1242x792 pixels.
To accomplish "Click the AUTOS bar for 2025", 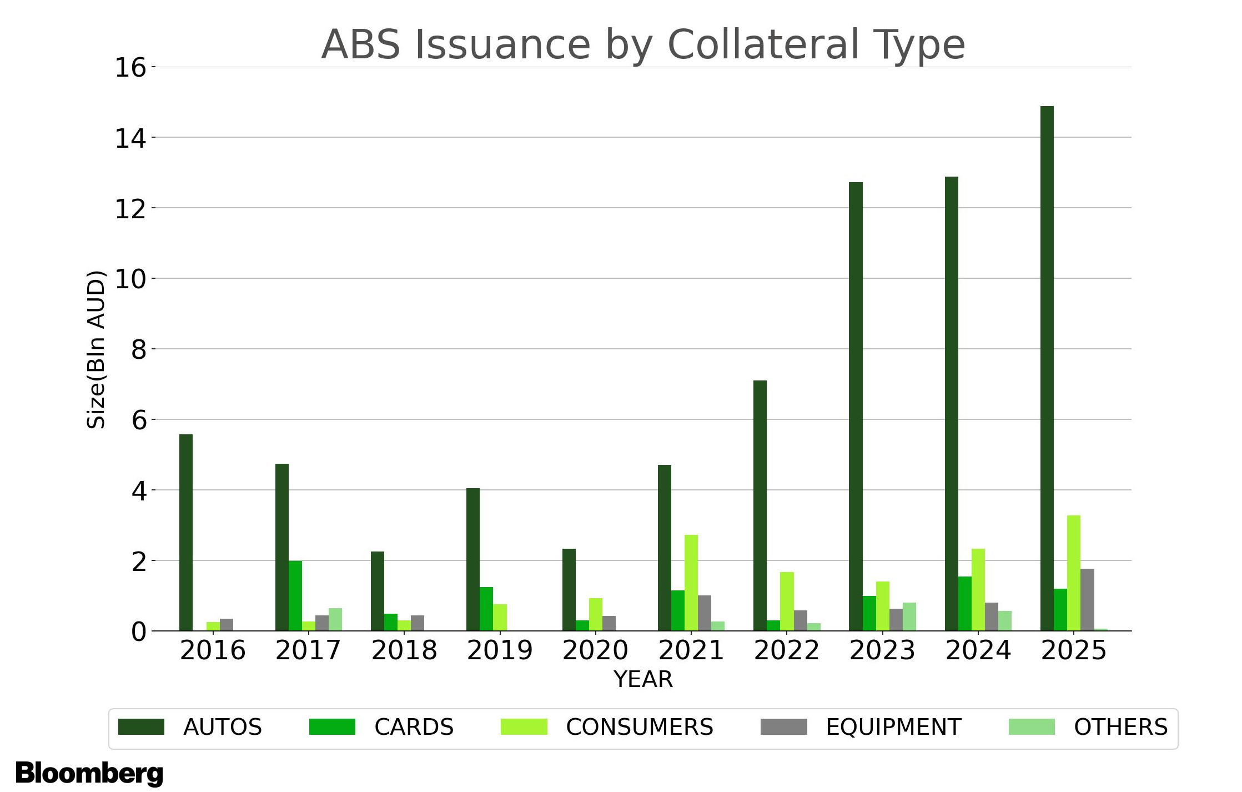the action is tap(1047, 368).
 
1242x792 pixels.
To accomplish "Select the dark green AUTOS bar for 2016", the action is tap(186, 533).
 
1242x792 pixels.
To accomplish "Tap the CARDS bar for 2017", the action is tap(295, 596).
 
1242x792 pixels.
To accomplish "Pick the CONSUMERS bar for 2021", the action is tap(691, 583).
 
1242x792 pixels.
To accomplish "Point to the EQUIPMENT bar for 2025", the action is tap(1087, 600).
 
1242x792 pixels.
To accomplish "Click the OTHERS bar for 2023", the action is tap(909, 616).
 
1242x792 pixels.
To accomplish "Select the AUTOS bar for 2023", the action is tap(856, 407).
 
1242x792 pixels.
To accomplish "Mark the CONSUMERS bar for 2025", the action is tap(1074, 573).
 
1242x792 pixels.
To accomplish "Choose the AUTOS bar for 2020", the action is tap(569, 590).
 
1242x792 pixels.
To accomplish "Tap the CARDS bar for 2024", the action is tap(965, 604).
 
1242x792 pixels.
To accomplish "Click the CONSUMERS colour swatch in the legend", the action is tap(524, 727).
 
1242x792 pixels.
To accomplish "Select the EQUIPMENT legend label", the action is tap(893, 727).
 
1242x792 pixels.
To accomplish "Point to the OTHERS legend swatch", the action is tap(1032, 727).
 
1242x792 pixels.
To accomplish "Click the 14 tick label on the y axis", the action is tap(130, 138).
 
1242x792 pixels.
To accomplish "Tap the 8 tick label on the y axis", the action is tap(138, 350).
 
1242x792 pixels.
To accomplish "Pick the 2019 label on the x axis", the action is tap(500, 650).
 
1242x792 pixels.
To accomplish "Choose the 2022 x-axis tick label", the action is tap(787, 650).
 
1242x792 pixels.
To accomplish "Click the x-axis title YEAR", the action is tap(643, 679).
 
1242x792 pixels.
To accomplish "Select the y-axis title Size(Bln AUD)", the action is tap(96, 349).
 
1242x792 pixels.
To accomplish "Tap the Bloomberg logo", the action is tap(89, 774).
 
